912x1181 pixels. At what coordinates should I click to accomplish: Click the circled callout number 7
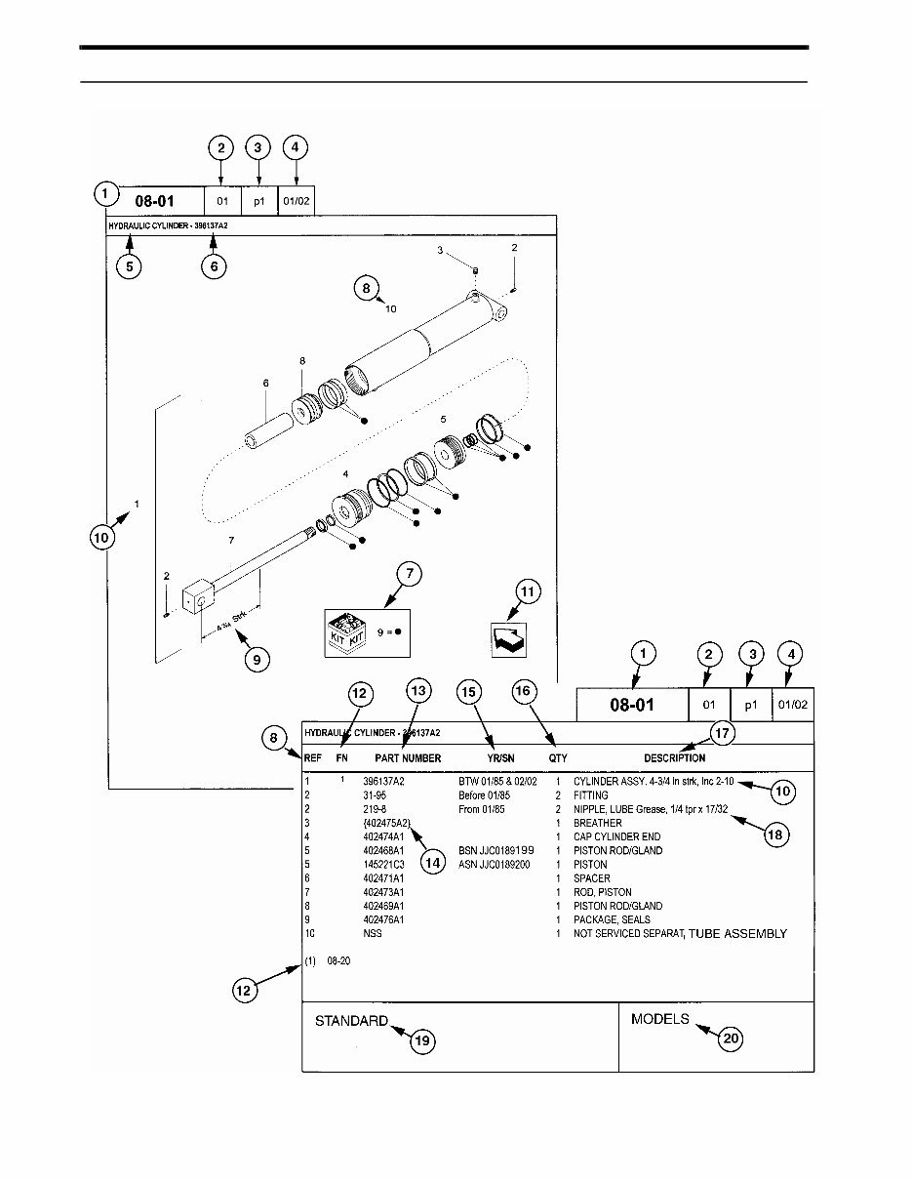[x=408, y=575]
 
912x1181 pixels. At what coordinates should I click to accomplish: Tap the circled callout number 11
[x=527, y=592]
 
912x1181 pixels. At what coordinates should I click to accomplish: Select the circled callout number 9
[x=256, y=661]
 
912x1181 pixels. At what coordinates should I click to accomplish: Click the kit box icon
[x=347, y=629]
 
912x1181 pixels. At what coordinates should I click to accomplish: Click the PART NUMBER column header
[x=408, y=758]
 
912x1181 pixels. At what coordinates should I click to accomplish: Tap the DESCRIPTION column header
[x=674, y=758]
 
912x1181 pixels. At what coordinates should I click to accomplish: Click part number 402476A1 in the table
[x=383, y=919]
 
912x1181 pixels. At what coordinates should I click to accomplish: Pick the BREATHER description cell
[x=597, y=823]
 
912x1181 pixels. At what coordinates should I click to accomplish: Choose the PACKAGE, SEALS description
[x=612, y=919]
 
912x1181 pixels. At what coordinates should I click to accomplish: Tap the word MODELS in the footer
[x=660, y=1019]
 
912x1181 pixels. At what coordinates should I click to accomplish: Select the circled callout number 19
[x=421, y=1041]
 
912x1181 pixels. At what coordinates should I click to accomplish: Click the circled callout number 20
[x=731, y=1040]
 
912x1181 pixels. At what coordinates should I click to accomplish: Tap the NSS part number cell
[x=373, y=934]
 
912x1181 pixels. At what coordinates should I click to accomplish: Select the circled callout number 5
[x=129, y=266]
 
